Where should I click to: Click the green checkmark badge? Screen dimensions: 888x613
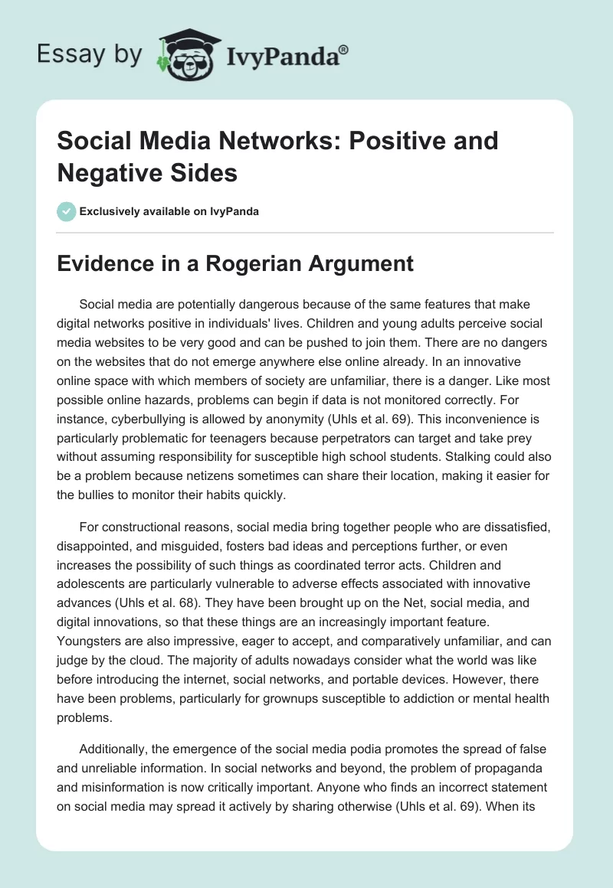(x=66, y=211)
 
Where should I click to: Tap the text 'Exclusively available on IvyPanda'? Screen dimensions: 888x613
(x=169, y=211)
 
